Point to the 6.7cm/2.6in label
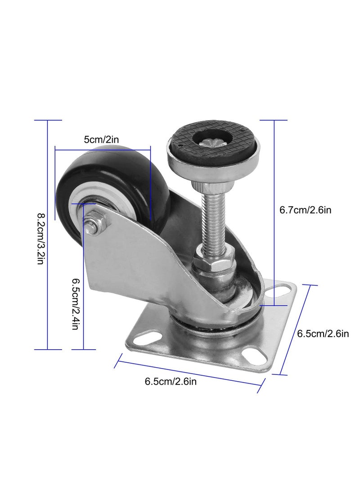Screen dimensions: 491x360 tap(305, 210)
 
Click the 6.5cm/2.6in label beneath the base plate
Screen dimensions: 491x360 tap(171, 382)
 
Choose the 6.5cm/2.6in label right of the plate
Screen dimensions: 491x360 tap(323, 333)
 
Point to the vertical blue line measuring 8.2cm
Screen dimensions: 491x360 tap(48, 234)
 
